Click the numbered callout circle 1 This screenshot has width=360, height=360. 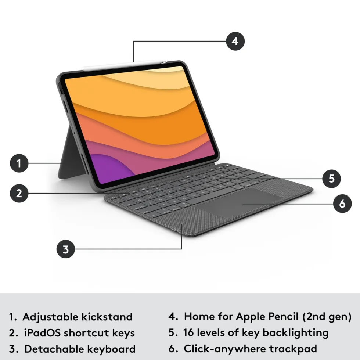(19, 163)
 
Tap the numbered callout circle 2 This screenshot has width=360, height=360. (19, 193)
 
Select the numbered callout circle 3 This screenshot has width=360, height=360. (66, 249)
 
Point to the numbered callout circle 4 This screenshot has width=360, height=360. (235, 41)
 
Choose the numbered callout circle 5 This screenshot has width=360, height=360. (331, 179)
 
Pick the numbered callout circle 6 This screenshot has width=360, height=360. (342, 204)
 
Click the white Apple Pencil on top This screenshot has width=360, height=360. (124, 65)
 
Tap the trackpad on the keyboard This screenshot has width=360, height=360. (239, 202)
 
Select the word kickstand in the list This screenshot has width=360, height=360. (107, 317)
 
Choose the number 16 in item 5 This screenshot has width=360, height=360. (188, 333)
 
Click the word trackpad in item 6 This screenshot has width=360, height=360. (293, 349)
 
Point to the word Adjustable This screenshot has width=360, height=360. (51, 317)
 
